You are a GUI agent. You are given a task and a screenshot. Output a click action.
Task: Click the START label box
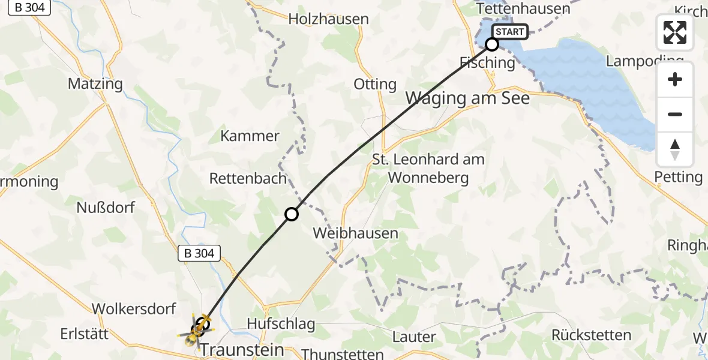coord(510,32)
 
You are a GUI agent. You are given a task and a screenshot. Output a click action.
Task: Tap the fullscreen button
coord(675,32)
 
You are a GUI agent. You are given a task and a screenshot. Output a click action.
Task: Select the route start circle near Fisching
coord(492,44)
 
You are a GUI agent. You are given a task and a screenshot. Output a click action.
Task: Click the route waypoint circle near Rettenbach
coord(291,214)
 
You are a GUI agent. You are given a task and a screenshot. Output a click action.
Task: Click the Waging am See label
coord(468,98)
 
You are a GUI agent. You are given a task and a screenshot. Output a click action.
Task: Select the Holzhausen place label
coord(328,19)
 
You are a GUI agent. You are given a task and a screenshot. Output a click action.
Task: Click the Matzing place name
coord(95,84)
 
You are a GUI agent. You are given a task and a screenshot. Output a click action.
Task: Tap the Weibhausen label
coord(356,233)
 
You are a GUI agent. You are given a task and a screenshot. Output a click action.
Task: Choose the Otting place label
coord(375,85)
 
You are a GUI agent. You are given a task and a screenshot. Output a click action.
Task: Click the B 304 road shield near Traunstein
coord(196,253)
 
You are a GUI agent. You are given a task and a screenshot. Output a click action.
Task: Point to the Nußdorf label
coord(106,208)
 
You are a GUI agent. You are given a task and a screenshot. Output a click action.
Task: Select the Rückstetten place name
coord(591,335)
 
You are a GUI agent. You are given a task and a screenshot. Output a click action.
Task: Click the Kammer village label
coord(250,136)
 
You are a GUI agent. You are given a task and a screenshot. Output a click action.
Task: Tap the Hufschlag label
coord(281,324)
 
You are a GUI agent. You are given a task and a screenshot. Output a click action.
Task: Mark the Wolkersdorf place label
coord(133,309)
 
